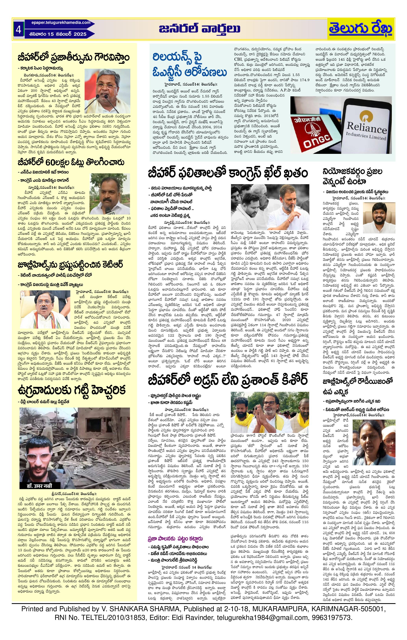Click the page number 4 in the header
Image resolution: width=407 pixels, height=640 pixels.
19,30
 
